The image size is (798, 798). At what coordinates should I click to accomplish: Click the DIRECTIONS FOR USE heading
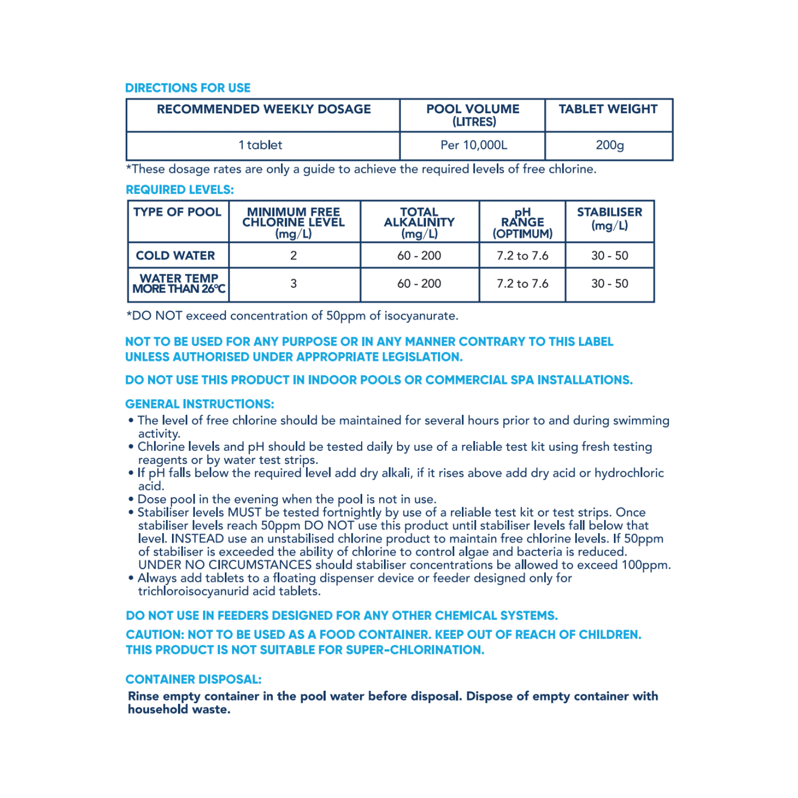(188, 88)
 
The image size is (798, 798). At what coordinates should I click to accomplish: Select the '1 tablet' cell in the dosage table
(260, 145)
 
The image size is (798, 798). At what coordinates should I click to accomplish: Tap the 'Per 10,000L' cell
(473, 145)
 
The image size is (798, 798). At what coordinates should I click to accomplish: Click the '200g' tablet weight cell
(609, 145)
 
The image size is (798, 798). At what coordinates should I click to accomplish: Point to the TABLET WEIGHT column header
(608, 109)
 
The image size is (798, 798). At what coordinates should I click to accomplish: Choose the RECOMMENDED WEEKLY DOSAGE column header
(264, 109)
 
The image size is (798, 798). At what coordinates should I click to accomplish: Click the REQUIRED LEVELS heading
(180, 190)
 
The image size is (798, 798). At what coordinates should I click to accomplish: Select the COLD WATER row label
(175, 255)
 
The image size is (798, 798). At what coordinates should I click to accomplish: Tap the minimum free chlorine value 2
(294, 255)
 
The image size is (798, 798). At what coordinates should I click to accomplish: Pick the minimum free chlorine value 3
(294, 283)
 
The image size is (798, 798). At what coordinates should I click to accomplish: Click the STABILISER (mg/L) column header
(609, 218)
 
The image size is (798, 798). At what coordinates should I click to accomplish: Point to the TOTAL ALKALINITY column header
(419, 222)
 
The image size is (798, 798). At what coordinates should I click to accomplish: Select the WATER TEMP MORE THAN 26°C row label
(179, 283)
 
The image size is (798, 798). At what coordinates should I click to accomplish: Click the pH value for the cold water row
(522, 255)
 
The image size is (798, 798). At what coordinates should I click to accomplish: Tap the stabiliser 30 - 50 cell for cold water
(609, 255)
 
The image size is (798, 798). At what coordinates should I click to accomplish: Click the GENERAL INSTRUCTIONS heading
(199, 404)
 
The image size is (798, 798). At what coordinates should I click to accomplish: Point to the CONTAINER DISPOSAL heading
(194, 679)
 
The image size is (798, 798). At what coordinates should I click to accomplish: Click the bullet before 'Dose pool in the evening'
(131, 499)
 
